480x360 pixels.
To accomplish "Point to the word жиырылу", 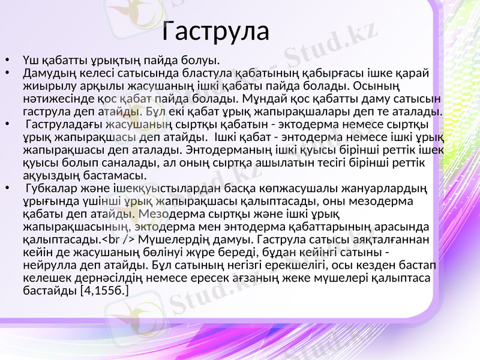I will pyautogui.click(x=43, y=86).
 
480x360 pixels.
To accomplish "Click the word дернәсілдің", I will pyautogui.click(x=100, y=280).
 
